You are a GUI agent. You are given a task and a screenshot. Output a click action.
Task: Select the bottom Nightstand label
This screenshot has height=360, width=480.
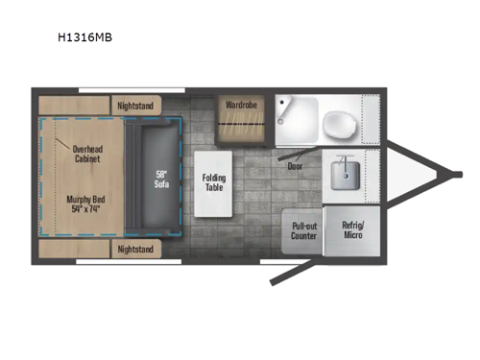[x=136, y=249]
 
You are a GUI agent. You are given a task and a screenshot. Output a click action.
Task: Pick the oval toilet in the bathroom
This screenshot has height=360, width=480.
[x=337, y=122]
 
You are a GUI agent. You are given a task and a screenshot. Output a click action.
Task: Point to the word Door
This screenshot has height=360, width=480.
[x=296, y=164]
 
